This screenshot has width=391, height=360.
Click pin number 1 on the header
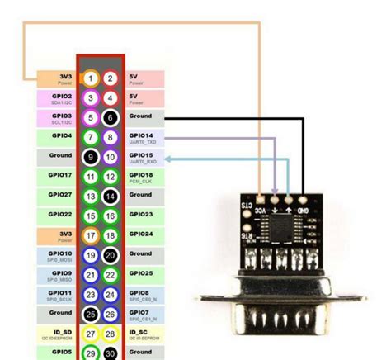point(91,78)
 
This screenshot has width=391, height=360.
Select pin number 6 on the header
point(111,118)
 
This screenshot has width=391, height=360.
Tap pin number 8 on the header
point(111,137)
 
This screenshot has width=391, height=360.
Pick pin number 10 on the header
point(111,157)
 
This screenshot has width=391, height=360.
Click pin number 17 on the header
point(91,235)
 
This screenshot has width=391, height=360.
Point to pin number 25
point(91,314)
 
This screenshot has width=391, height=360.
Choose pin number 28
point(111,334)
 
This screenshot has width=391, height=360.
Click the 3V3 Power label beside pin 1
point(59,78)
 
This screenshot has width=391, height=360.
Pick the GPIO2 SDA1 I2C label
point(59,98)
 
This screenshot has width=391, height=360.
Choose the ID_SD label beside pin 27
point(59,334)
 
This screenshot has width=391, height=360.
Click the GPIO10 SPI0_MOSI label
point(59,255)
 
